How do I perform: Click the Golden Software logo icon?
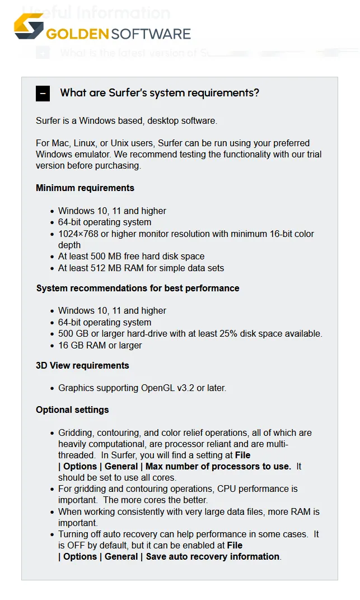click(x=29, y=26)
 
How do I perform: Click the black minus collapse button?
click(x=43, y=93)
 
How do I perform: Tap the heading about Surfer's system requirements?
click(x=160, y=93)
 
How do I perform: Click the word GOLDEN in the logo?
click(x=77, y=34)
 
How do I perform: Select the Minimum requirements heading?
click(x=85, y=188)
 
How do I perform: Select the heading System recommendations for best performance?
click(x=138, y=289)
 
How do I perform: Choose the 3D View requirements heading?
click(x=82, y=366)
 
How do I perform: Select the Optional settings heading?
click(x=72, y=410)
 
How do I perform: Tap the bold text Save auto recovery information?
click(x=213, y=557)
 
